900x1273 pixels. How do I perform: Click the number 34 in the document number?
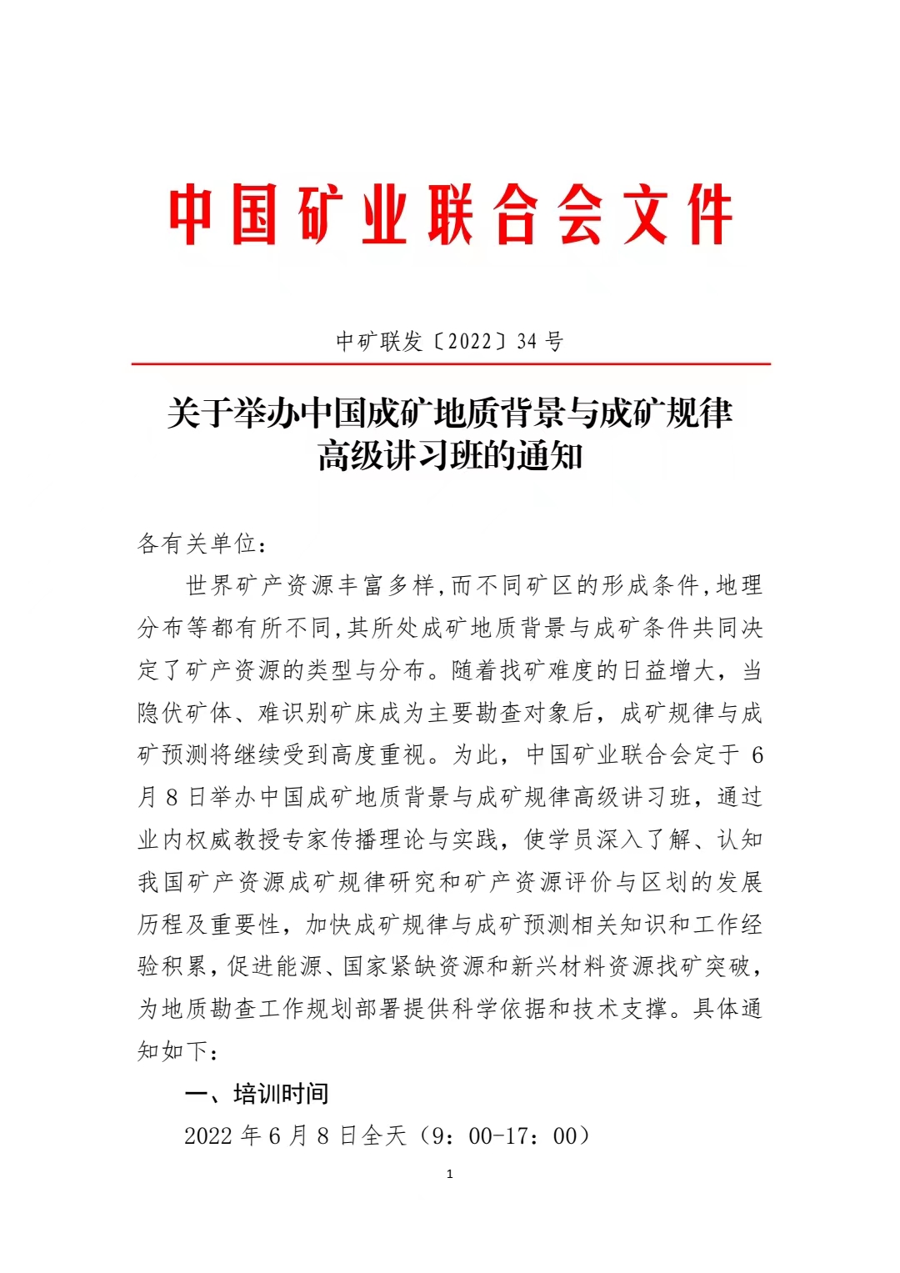click(x=527, y=341)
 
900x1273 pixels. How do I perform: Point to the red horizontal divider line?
click(x=450, y=364)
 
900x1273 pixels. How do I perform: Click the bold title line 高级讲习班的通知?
click(x=450, y=456)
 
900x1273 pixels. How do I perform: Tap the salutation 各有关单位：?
click(x=202, y=544)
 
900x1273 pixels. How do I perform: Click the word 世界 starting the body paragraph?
click(x=209, y=585)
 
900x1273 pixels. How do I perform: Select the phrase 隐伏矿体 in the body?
click(x=185, y=713)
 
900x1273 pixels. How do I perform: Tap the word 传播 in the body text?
click(x=355, y=839)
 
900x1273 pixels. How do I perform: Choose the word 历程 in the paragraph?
click(x=161, y=925)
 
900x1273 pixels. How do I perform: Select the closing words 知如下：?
click(x=178, y=1051)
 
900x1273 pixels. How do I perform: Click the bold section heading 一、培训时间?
click(x=257, y=1094)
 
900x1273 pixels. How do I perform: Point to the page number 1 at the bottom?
click(x=450, y=1175)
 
